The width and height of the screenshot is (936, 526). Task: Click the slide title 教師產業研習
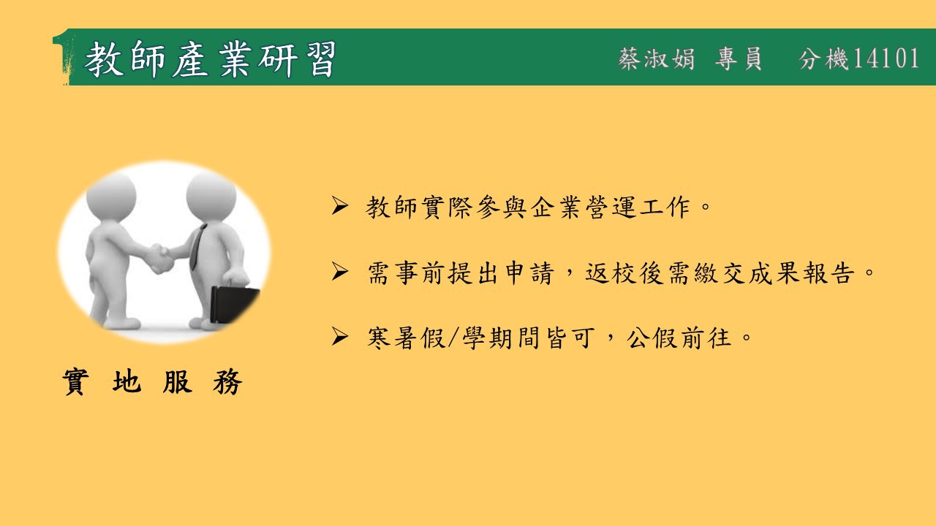(x=210, y=58)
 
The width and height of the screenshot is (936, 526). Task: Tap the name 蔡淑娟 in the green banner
(x=657, y=58)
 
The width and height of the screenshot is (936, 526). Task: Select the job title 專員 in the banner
(x=739, y=58)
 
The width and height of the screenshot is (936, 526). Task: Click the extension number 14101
(x=886, y=58)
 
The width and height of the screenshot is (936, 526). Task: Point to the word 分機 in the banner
(x=823, y=58)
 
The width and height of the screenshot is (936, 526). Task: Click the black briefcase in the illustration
(x=234, y=304)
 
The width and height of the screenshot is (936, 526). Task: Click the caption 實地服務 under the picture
(x=152, y=381)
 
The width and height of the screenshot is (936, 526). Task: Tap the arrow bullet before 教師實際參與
(x=340, y=206)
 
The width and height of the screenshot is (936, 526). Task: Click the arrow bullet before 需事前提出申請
(x=340, y=272)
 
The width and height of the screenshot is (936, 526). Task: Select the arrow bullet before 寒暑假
(x=340, y=337)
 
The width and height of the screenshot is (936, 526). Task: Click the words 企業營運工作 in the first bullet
(x=611, y=207)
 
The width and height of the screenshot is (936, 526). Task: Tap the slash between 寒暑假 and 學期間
(x=454, y=338)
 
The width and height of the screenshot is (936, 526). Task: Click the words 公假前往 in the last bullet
(x=679, y=338)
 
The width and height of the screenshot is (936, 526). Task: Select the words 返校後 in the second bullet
(x=624, y=272)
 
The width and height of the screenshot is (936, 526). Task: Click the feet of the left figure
(x=115, y=322)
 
